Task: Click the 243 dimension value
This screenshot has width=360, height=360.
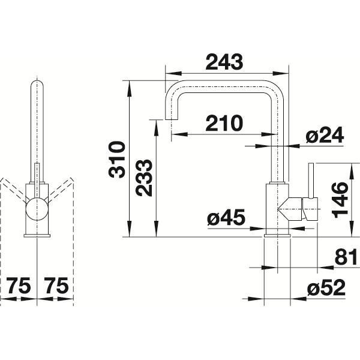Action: click(224, 62)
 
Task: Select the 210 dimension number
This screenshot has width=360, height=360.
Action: click(224, 123)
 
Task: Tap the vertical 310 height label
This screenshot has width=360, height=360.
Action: click(117, 160)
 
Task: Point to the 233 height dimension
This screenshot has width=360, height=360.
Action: click(144, 178)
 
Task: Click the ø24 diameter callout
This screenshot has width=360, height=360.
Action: click(325, 135)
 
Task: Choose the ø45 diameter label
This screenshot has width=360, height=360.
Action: click(226, 217)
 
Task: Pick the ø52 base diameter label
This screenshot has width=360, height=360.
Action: click(326, 287)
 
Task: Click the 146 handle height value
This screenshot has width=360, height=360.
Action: click(340, 200)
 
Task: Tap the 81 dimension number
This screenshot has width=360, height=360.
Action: click(346, 257)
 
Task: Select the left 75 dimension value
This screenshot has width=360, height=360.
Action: click(19, 286)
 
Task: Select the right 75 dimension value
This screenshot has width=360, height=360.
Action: click(56, 286)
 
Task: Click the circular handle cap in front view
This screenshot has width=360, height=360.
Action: click(37, 209)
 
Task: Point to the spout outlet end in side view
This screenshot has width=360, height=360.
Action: click(172, 118)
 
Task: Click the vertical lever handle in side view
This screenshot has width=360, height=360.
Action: click(311, 181)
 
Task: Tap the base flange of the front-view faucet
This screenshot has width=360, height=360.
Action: click(37, 236)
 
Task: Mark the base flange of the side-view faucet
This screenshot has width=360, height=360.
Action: click(277, 235)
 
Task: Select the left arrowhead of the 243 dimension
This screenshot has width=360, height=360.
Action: click(173, 73)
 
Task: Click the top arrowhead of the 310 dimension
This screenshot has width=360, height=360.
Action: click(129, 89)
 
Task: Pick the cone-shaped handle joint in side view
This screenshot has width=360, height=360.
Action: click(290, 209)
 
